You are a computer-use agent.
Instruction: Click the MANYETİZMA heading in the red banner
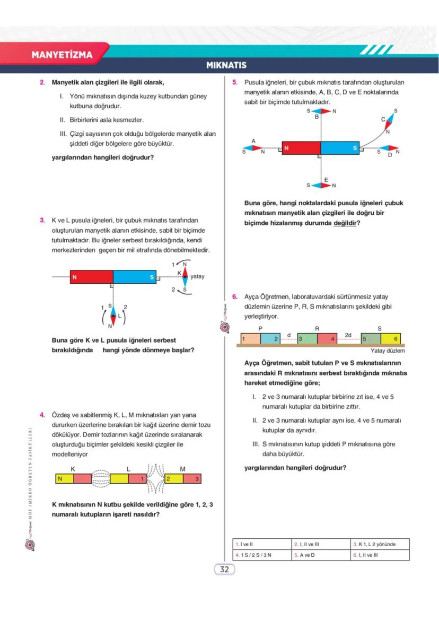(x=62, y=55)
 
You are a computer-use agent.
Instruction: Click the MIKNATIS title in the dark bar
(x=226, y=66)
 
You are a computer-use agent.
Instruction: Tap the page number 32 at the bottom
(x=224, y=570)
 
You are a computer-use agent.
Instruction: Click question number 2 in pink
(x=42, y=82)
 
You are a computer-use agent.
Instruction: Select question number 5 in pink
(x=235, y=82)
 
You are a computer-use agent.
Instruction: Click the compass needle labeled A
(x=253, y=147)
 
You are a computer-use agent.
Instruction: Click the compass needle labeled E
(x=321, y=185)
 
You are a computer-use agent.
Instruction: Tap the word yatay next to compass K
(x=197, y=276)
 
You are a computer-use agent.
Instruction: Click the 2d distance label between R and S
(x=348, y=335)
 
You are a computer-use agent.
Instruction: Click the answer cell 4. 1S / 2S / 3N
(x=262, y=555)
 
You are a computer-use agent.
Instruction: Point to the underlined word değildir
(x=344, y=223)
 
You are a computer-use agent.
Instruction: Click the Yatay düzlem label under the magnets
(x=388, y=351)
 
